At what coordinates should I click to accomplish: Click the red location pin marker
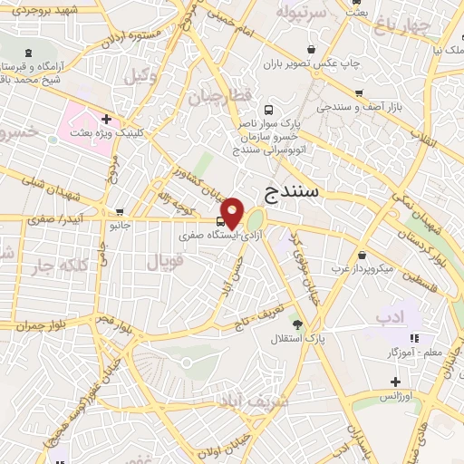(233, 212)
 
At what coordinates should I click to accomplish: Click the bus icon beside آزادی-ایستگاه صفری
(222, 220)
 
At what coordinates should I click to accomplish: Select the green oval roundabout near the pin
(256, 218)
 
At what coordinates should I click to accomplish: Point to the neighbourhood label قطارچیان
(213, 96)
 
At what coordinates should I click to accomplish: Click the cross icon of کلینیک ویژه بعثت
(107, 118)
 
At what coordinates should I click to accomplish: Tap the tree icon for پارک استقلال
(296, 324)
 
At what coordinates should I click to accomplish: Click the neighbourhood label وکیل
(139, 76)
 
